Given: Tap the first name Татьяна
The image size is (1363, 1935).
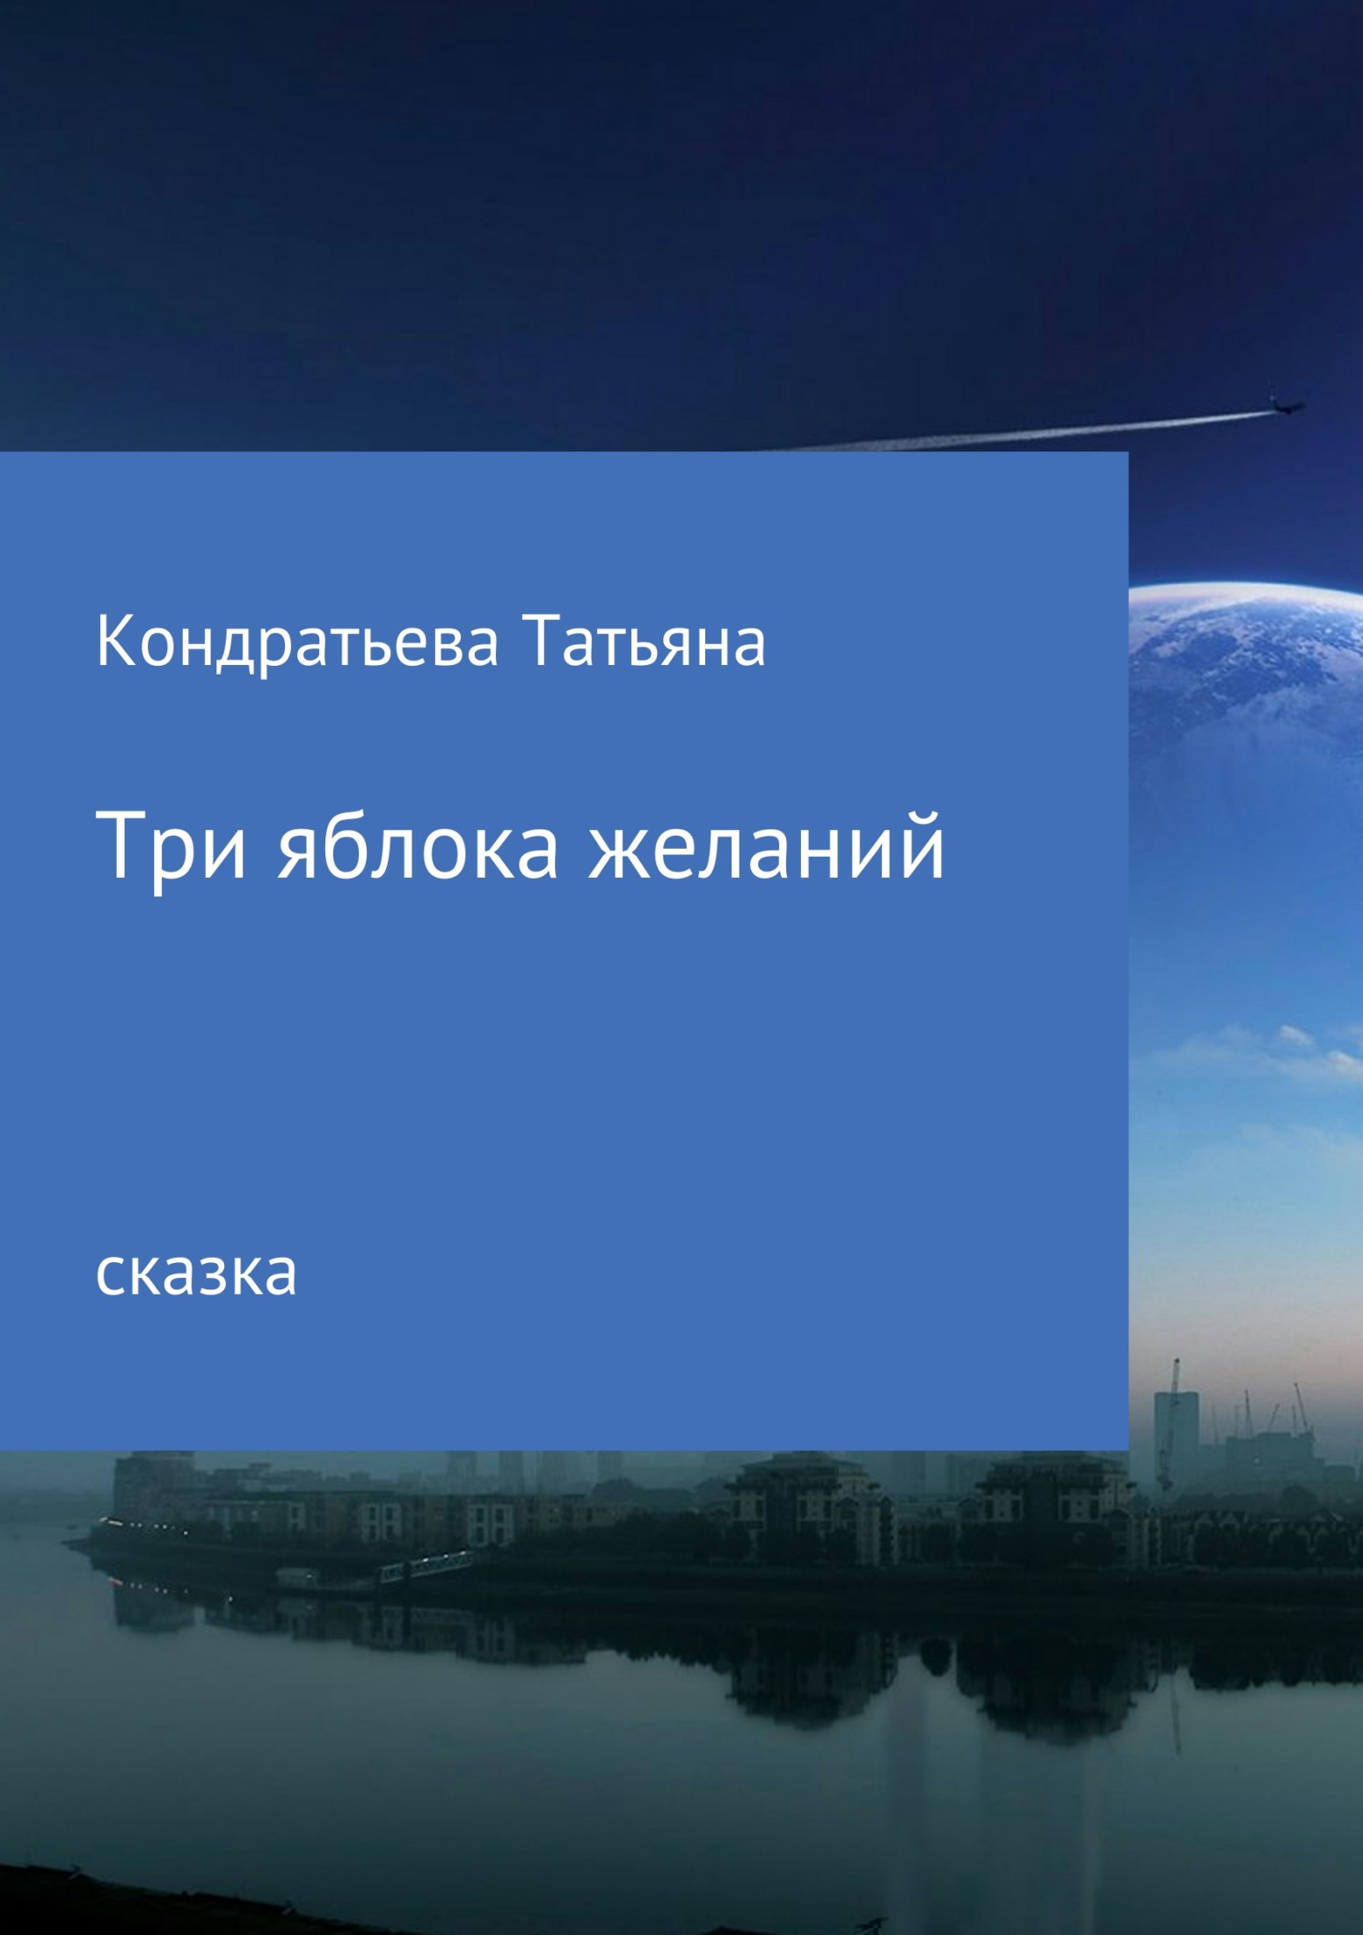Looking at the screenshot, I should tap(644, 644).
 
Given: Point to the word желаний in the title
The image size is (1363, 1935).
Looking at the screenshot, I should tap(767, 847).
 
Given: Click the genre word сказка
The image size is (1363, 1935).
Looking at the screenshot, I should tap(196, 1274).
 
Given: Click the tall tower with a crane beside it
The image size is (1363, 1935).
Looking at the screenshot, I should tap(1176, 1417).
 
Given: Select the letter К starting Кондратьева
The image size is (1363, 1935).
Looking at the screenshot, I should tap(113, 642).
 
